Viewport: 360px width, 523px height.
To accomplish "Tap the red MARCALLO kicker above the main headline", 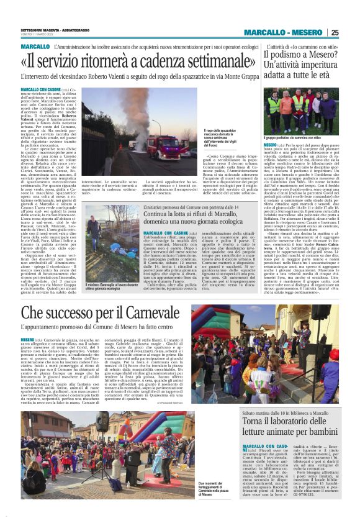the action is click(x=35, y=47).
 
